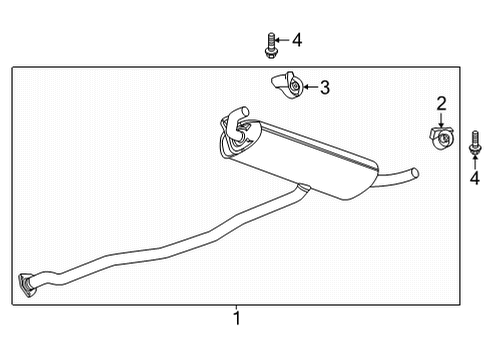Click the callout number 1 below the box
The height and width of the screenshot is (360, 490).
236,318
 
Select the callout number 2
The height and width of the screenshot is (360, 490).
441,102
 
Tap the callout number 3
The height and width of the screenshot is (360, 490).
325,88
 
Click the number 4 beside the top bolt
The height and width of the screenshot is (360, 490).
296,40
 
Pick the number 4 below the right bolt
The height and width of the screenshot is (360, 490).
475,179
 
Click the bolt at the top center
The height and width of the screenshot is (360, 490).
271,43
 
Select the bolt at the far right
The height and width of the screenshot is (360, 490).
474,144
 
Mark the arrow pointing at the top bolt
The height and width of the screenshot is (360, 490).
282,40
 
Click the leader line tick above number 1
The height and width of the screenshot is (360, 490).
236,307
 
